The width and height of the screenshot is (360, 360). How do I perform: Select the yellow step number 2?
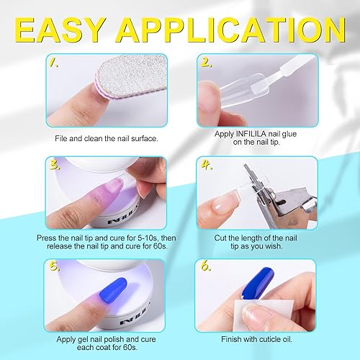[207, 63]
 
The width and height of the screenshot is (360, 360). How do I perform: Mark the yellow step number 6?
[207, 269]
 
